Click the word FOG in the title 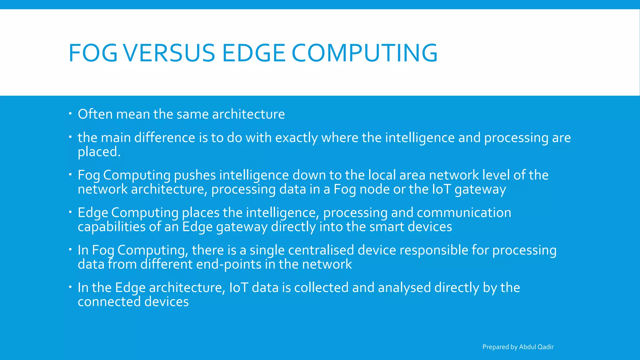93,53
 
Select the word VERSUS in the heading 169,53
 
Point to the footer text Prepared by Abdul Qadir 518,347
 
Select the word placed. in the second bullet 99,152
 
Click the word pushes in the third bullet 195,175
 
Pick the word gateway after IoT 480,189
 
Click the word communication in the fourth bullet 464,213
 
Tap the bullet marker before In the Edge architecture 71,286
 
